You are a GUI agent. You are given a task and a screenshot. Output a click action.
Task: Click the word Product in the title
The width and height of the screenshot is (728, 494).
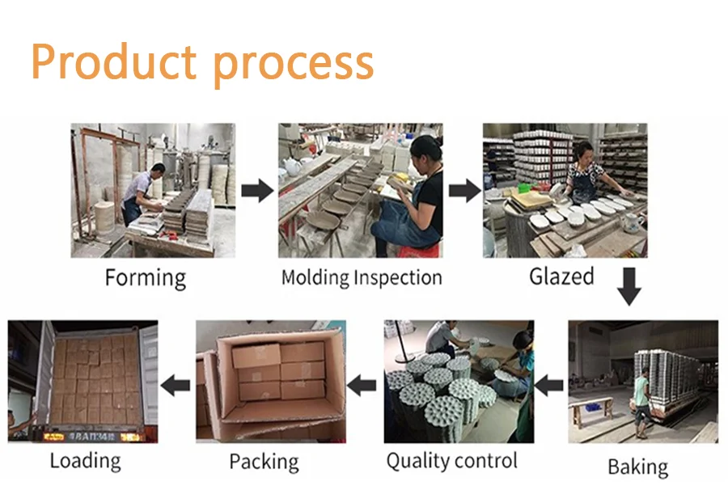pyautogui.click(x=113, y=61)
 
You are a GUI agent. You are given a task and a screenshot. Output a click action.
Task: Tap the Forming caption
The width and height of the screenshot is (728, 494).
pyautogui.click(x=146, y=278)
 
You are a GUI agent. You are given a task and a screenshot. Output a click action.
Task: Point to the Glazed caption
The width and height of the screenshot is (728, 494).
pyautogui.click(x=561, y=277)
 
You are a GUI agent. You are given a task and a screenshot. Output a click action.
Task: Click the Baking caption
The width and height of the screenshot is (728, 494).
pyautogui.click(x=638, y=467)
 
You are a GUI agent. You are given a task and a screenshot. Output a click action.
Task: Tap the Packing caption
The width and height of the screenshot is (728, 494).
pyautogui.click(x=264, y=462)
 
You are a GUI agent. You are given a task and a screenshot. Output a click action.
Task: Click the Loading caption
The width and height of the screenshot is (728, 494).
pyautogui.click(x=85, y=461)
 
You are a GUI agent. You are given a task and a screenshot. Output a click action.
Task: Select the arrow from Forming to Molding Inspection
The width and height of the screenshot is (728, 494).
pyautogui.click(x=257, y=192)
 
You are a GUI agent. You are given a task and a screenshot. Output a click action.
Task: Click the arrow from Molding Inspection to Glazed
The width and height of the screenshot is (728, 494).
pyautogui.click(x=464, y=192)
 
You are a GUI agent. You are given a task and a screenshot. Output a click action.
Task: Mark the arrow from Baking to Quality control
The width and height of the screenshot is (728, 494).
pyautogui.click(x=550, y=385)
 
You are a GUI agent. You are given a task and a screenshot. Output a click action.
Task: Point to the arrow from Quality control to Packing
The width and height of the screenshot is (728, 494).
pyautogui.click(x=362, y=385)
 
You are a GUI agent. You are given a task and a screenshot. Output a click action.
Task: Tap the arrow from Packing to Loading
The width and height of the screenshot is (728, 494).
pyautogui.click(x=176, y=385)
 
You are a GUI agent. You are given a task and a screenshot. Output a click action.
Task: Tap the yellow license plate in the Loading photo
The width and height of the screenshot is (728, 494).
pyautogui.click(x=54, y=437)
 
